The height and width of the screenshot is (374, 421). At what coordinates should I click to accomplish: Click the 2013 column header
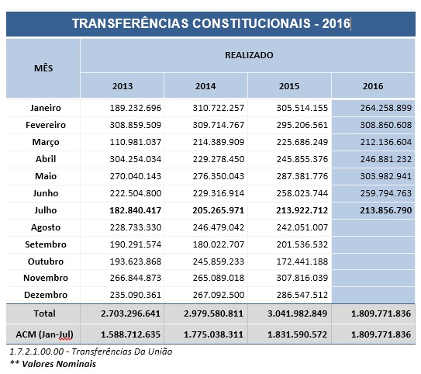(x=123, y=86)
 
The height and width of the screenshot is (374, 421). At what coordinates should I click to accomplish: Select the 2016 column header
(x=373, y=86)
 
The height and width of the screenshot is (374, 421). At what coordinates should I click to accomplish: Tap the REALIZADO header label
(x=249, y=55)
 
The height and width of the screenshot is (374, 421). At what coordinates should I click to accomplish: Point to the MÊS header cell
(x=43, y=68)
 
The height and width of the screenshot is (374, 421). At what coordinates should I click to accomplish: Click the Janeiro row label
(x=46, y=108)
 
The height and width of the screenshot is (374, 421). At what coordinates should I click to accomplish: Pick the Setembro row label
(x=46, y=244)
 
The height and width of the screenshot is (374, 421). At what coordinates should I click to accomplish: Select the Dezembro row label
(x=46, y=295)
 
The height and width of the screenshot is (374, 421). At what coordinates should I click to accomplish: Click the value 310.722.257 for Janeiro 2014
(x=219, y=108)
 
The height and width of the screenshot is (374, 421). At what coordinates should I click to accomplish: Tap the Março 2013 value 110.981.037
(x=136, y=142)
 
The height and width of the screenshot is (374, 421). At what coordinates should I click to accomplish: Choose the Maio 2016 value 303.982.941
(x=386, y=176)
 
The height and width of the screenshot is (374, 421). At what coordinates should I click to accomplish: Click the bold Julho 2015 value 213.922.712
(x=302, y=210)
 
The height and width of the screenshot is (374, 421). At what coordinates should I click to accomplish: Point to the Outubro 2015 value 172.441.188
(x=302, y=261)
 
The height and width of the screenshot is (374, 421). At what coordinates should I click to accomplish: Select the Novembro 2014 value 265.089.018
(x=219, y=278)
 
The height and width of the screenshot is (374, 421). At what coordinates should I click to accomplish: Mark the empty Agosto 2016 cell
(x=373, y=227)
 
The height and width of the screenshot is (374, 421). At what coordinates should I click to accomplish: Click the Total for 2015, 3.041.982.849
(x=297, y=313)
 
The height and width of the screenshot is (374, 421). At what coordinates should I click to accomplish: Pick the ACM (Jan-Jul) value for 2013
(x=130, y=334)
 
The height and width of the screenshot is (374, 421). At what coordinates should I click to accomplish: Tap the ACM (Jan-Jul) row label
(x=44, y=334)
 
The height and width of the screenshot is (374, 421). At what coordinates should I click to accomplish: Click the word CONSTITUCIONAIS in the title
(x=251, y=23)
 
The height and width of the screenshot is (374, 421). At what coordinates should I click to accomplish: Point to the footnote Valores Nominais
(x=59, y=364)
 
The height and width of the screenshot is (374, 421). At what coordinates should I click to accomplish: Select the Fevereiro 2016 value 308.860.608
(x=386, y=125)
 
